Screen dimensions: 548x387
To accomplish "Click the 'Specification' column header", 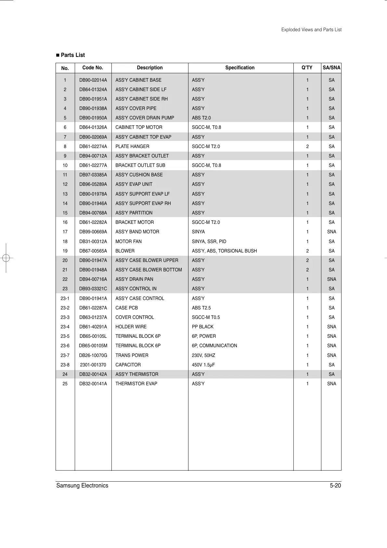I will [240, 68].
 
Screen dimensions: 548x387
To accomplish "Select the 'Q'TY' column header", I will [307, 68].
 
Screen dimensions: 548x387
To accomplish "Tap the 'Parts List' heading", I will [72, 55].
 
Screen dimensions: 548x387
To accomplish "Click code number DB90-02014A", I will [93, 80].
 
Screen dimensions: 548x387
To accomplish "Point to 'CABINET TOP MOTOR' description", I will [139, 127].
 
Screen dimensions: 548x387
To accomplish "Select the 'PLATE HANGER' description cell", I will [132, 146].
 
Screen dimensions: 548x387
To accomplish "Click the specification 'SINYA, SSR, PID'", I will [209, 241].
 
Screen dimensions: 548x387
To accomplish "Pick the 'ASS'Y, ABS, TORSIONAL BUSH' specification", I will [224, 251].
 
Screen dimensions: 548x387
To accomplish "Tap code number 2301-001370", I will [93, 365].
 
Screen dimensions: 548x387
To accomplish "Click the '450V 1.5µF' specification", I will [203, 365].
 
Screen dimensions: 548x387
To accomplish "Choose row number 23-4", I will [65, 327].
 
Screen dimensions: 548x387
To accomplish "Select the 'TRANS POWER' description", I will [132, 355].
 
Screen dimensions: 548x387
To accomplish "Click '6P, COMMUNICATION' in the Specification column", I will [214, 346].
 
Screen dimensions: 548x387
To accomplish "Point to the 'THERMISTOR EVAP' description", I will [136, 384].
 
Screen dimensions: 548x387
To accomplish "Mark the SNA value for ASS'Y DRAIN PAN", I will [331, 279].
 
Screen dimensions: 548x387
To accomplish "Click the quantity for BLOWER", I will [307, 251].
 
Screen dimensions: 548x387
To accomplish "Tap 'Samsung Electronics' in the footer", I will [82, 486].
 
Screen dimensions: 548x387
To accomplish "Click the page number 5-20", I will [335, 486].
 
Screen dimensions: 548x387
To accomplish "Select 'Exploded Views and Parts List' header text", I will [311, 30].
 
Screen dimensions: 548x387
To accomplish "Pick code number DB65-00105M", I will [93, 346].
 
